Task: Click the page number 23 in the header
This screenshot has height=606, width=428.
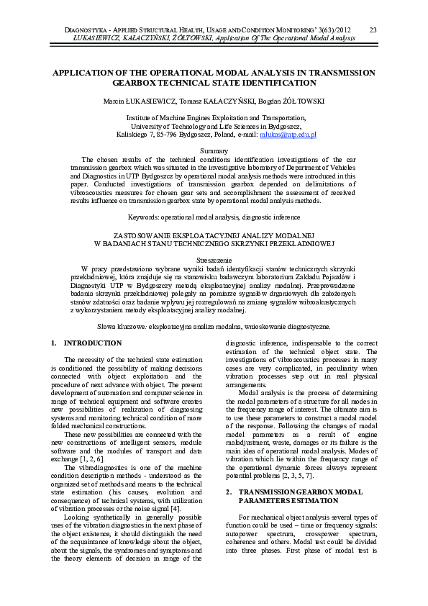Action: coord(373,30)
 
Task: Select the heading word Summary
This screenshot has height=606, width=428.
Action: coord(214,150)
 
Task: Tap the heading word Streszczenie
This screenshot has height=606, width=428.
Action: coord(214,258)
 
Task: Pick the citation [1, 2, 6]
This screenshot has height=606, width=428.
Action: coord(91,458)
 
